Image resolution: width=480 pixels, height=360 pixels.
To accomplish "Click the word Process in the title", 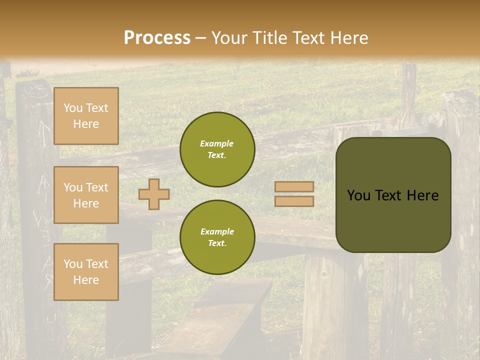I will pyautogui.click(x=157, y=38).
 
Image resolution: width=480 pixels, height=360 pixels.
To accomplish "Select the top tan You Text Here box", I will pyautogui.click(x=86, y=116).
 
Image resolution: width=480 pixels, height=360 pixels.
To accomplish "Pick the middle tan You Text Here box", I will pyautogui.click(x=86, y=195).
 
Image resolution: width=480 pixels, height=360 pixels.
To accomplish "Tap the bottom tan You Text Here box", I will pyautogui.click(x=86, y=272).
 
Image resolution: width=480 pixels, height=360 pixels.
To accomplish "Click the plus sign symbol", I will pyautogui.click(x=154, y=194).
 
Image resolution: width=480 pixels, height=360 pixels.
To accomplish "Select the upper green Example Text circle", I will pyautogui.click(x=217, y=149).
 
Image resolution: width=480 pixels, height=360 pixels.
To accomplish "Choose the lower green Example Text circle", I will pyautogui.click(x=217, y=237).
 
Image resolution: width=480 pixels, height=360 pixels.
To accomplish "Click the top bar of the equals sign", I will pyautogui.click(x=294, y=187).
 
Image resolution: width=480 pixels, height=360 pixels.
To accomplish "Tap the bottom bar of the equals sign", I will pyautogui.click(x=294, y=201).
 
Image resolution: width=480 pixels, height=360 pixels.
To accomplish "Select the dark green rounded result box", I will pyautogui.click(x=393, y=195).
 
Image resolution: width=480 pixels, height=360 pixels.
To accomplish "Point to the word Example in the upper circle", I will pyautogui.click(x=216, y=143).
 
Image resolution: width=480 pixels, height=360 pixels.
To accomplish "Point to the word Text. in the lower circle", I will pyautogui.click(x=217, y=243).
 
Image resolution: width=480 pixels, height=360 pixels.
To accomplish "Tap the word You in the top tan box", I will pyautogui.click(x=73, y=108).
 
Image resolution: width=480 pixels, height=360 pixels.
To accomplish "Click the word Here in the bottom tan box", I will pyautogui.click(x=86, y=280).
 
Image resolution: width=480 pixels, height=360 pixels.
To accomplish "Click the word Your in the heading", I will pyautogui.click(x=230, y=38).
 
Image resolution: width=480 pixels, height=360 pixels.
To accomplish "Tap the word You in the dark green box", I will pyautogui.click(x=358, y=195).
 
